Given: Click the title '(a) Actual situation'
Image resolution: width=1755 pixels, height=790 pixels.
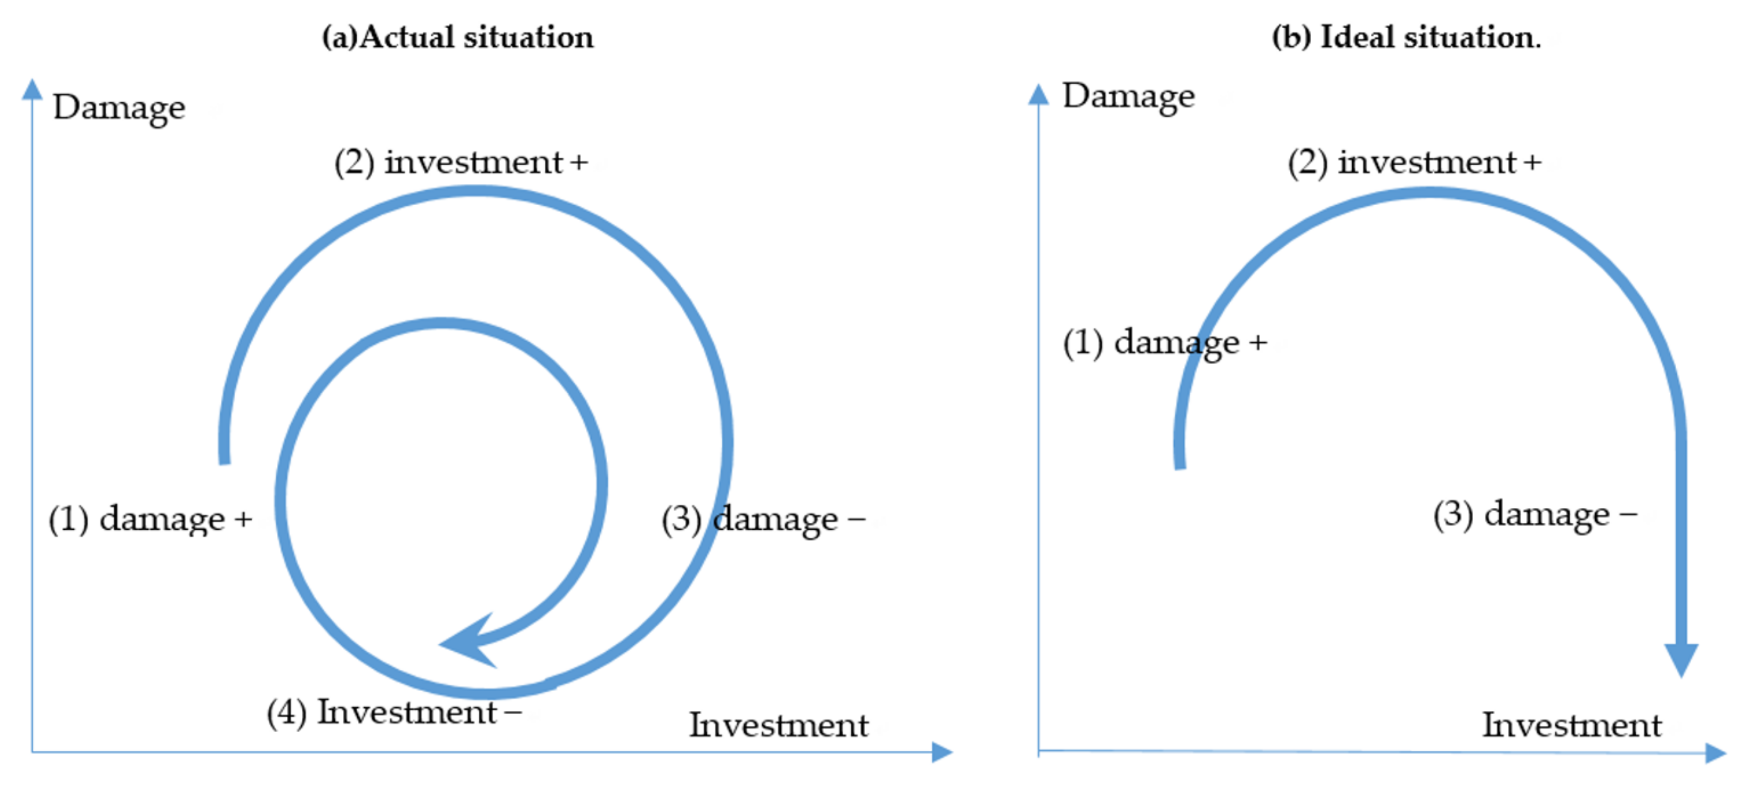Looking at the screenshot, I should tap(457, 37).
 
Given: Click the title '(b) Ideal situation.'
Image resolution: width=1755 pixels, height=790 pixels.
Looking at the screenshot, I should tap(1406, 37).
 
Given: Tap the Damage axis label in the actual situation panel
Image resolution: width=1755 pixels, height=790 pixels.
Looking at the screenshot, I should tap(119, 107).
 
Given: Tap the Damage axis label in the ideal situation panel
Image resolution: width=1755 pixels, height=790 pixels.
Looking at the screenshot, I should tap(1128, 96).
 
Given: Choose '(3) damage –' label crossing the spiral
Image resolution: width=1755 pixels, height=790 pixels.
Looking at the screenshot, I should tap(763, 519).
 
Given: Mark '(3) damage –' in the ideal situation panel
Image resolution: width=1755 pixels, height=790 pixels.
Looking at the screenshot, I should tap(1535, 514).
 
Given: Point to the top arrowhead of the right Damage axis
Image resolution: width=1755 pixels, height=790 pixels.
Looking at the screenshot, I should tap(1038, 95).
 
